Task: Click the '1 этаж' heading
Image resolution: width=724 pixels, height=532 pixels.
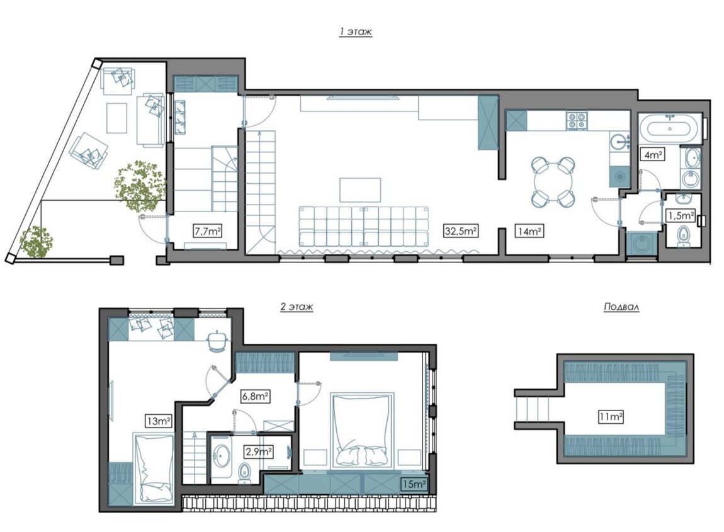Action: click(x=356, y=32)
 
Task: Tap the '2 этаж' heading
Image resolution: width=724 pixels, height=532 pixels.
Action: click(x=297, y=306)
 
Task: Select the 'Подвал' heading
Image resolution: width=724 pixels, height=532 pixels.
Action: click(x=621, y=307)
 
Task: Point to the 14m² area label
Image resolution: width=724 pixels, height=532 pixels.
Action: click(x=529, y=230)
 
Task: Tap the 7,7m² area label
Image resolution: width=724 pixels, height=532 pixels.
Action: click(x=207, y=230)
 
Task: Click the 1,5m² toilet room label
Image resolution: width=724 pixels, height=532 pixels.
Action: click(x=681, y=215)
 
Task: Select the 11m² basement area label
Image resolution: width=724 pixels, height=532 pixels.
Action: click(x=611, y=417)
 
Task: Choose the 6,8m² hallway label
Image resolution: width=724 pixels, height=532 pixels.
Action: click(x=256, y=396)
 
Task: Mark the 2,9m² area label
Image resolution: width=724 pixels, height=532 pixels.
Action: click(x=259, y=451)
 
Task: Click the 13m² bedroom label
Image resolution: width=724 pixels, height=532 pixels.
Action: click(x=159, y=421)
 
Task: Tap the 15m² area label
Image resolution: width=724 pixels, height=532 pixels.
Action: click(x=414, y=484)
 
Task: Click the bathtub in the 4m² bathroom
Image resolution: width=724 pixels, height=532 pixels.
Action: click(x=671, y=129)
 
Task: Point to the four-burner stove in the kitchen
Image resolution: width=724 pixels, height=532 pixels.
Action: click(x=577, y=120)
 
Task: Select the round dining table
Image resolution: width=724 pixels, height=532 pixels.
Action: click(x=553, y=181)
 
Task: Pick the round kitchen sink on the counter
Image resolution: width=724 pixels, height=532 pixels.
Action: click(x=619, y=140)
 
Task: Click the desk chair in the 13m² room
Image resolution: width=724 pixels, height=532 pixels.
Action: click(x=216, y=341)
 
